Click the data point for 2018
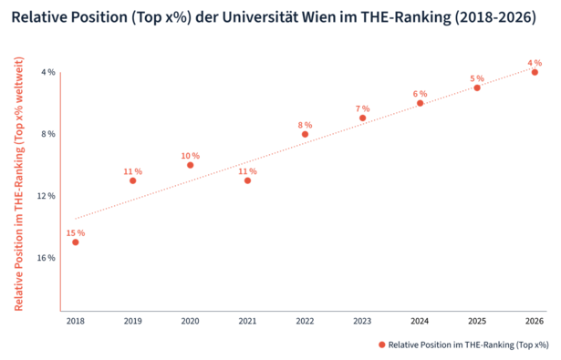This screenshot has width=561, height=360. pos(76,242)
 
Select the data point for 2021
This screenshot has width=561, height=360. pos(247,180)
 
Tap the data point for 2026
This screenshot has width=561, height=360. pos(535,72)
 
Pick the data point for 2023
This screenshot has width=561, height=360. pos(362,118)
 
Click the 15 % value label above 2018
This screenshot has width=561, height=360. pos(76,233)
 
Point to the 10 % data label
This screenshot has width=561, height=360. pos(190,156)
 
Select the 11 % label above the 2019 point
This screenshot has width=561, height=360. pos(133,171)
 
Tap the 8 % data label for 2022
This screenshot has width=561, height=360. pos(305,125)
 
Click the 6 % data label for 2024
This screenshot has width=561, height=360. pos(420,94)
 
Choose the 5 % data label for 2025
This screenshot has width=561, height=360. pos(477,78)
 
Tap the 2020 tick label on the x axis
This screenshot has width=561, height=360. pos(190,321)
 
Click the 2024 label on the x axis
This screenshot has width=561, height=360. pos(420,321)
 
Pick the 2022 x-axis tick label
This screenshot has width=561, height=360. pos(305,321)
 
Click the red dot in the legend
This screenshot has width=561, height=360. pos(381,345)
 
